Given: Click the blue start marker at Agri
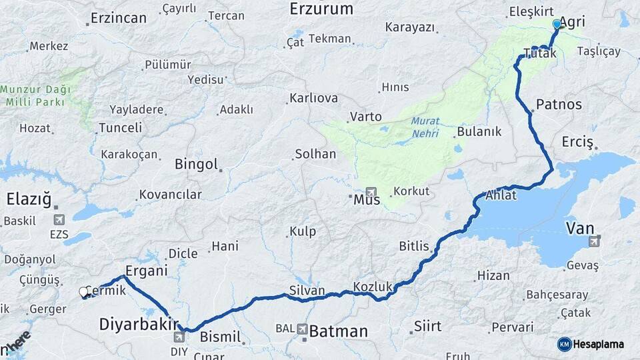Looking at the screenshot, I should [x=557, y=24].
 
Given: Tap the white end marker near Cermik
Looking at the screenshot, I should [x=83, y=292].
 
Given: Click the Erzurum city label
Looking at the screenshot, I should [x=321, y=9].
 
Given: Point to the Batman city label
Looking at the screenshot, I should [x=339, y=331].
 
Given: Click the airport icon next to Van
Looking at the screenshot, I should [x=594, y=239].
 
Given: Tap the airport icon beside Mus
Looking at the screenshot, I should [x=371, y=191].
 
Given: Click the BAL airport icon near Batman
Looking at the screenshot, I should [x=303, y=329].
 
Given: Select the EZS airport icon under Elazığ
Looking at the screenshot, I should [x=59, y=219].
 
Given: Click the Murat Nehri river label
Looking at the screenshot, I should [x=425, y=127].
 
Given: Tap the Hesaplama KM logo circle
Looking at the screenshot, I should [x=565, y=344].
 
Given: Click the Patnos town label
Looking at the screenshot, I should [x=559, y=105].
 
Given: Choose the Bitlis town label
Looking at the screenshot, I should [x=414, y=247].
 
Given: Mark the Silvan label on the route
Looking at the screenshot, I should [x=307, y=291].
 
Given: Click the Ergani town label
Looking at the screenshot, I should [x=146, y=271].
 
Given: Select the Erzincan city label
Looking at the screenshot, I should [x=118, y=18].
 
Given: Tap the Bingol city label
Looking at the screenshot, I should [x=196, y=164].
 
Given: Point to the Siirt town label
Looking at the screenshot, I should [x=427, y=326].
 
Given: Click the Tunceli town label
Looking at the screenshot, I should [x=120, y=127].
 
